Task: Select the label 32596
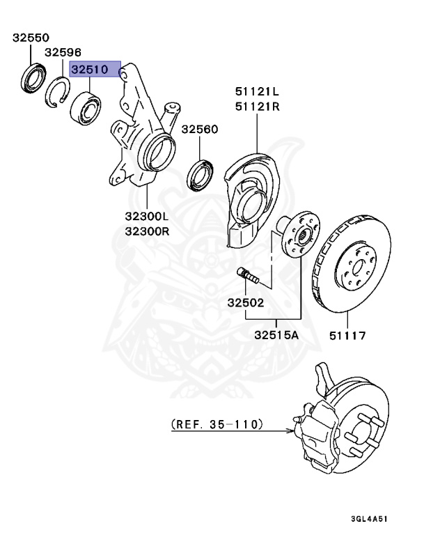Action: coord(63,53)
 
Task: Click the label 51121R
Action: coord(257,107)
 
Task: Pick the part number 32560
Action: coord(200,130)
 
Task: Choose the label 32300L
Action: coord(147,217)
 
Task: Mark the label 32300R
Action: coord(147,231)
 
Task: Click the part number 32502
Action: coord(245,303)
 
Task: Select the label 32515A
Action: coord(276,335)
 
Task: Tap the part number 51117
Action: coord(347,335)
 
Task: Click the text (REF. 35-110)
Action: coord(216,423)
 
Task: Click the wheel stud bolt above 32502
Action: coord(248,276)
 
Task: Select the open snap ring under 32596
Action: coord(58,93)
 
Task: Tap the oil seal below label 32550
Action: coord(32,78)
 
